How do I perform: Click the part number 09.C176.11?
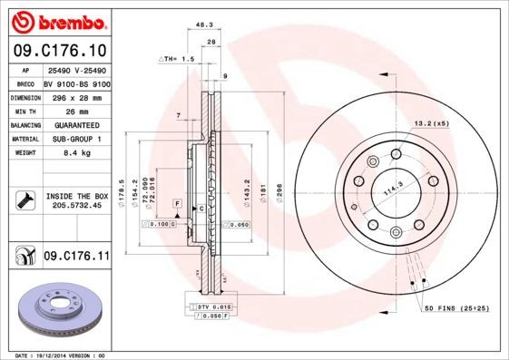[x=76, y=257]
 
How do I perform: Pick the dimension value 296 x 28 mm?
[x=76, y=95]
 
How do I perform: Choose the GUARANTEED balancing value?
[x=76, y=124]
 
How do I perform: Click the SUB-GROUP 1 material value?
[x=76, y=139]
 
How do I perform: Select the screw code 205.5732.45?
[x=77, y=206]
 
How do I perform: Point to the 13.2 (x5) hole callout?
[x=432, y=122]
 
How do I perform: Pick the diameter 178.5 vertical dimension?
[x=122, y=193]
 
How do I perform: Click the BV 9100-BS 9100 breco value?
[x=76, y=81]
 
